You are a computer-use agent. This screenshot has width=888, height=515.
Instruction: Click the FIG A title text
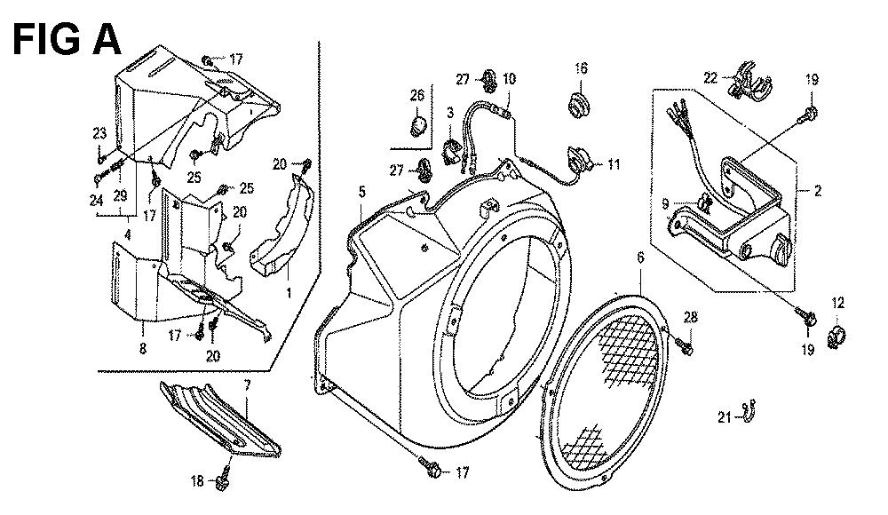67,40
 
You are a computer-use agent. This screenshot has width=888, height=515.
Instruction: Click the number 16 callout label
581,68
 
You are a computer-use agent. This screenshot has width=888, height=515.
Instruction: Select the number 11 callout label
614,165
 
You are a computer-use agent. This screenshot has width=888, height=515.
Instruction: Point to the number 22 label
710,77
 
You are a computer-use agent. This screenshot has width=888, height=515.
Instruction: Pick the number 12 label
837,303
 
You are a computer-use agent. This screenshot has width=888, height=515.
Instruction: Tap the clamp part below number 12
837,337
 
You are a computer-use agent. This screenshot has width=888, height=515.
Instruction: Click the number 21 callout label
725,417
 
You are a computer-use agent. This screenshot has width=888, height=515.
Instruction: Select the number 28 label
690,317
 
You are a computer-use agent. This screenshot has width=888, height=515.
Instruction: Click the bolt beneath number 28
685,345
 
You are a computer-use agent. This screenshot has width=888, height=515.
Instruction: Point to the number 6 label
640,257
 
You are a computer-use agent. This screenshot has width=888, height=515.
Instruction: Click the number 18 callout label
196,481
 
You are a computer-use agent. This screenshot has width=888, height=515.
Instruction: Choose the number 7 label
247,387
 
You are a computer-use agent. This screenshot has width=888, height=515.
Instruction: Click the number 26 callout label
416,95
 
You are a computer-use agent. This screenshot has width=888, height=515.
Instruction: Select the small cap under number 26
416,124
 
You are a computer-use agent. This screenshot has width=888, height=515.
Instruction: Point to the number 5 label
362,192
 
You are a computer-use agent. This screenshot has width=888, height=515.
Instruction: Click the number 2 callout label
817,191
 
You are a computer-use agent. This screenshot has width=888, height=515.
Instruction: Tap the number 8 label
143,348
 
